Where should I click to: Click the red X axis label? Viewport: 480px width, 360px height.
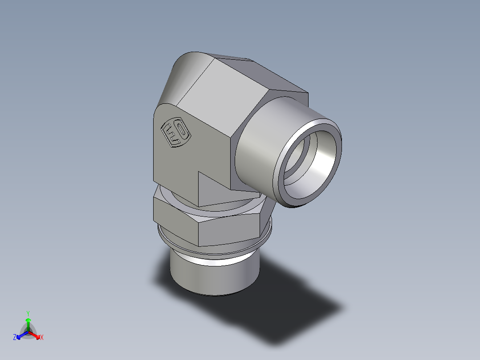tap(42, 338)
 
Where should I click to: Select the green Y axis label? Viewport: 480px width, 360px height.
tap(28, 313)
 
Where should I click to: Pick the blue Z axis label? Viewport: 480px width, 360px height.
tap(15, 338)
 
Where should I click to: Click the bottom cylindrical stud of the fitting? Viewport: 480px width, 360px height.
tap(214, 276)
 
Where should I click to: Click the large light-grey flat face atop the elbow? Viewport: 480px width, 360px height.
tap(223, 98)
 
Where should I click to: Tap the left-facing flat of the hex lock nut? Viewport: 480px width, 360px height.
tap(174, 214)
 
